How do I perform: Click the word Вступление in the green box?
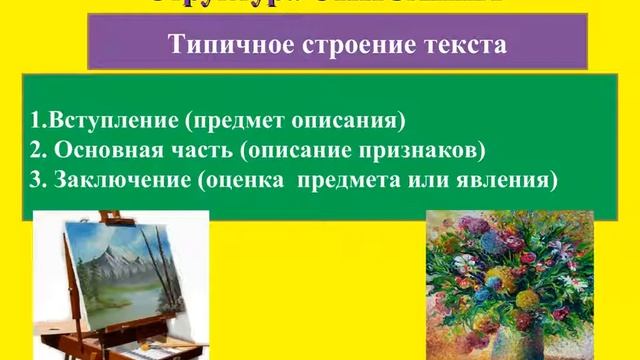[99, 122]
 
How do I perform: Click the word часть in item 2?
[194, 152]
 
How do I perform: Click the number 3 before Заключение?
[35, 181]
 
